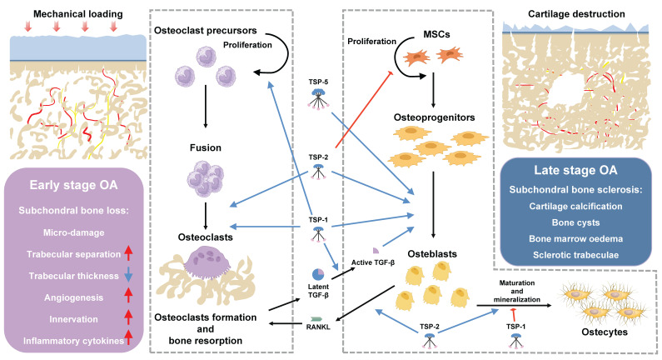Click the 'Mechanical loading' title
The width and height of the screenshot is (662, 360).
click(78, 14)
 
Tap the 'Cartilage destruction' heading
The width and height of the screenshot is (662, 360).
click(576, 14)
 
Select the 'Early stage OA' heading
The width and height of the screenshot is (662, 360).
click(73, 185)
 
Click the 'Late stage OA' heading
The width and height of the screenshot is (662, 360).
click(575, 170)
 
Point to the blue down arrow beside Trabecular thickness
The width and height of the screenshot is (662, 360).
click(129, 276)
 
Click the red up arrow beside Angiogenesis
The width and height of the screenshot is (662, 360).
click(129, 297)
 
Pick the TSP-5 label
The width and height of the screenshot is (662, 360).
click(318, 82)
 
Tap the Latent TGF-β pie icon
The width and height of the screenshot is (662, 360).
click(318, 275)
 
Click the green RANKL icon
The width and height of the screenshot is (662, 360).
click(316, 318)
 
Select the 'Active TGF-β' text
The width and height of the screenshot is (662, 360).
click(373, 262)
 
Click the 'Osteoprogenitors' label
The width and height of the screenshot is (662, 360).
click(434, 117)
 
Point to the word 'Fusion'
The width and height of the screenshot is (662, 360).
click(206, 147)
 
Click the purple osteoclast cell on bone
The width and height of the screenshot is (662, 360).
click(207, 260)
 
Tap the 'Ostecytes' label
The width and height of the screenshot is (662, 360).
click(605, 332)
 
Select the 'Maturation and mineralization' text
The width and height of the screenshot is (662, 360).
click(517, 291)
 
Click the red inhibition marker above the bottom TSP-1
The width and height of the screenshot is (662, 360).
click(514, 315)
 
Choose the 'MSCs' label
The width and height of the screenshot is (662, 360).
click(436, 34)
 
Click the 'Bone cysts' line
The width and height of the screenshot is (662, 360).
click(575, 222)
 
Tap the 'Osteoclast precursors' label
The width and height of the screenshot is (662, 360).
click(205, 31)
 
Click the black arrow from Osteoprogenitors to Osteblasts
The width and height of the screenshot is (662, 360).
click(433, 204)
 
